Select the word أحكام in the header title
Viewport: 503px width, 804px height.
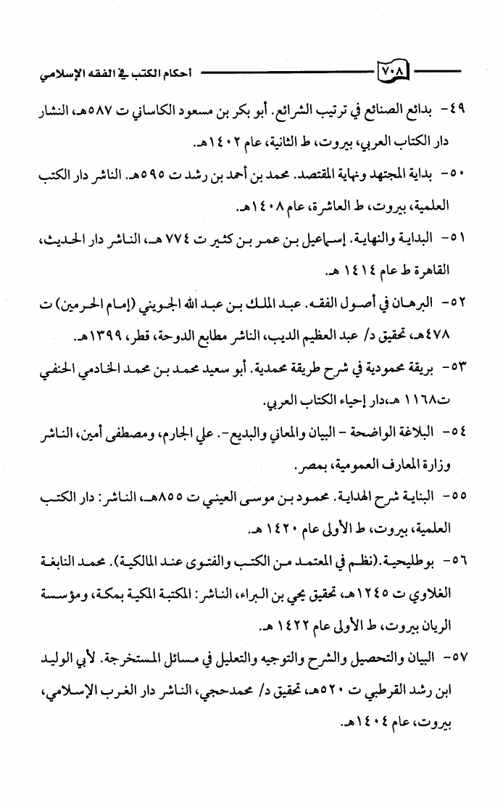[178, 74]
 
